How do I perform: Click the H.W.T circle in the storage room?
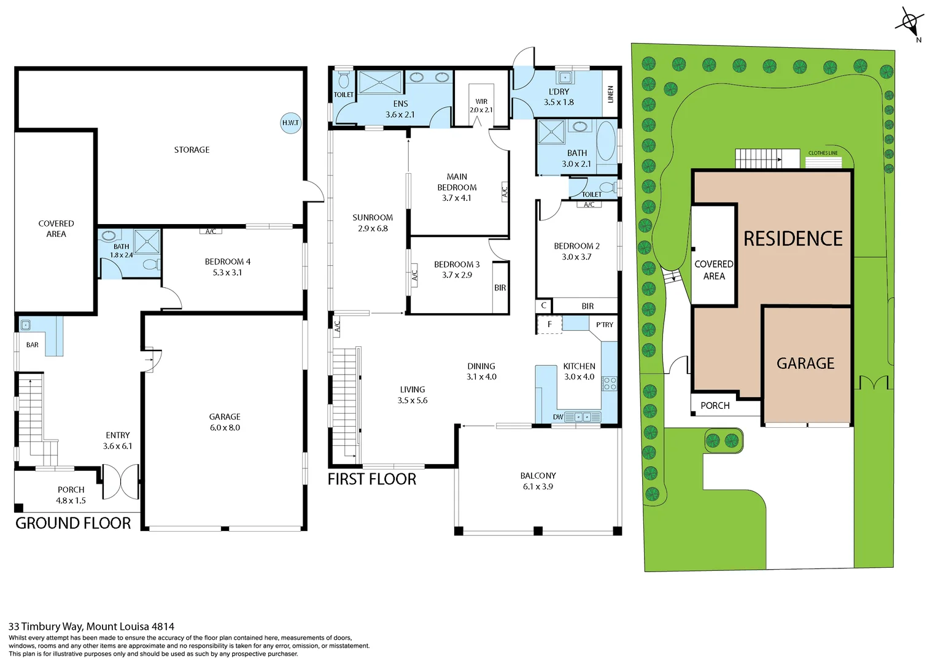click(290, 123)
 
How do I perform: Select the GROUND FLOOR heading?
click(73, 523)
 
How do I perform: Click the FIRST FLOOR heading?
click(371, 479)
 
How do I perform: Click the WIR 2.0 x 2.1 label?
click(481, 106)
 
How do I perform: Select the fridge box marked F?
click(549, 324)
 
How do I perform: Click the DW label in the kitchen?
click(557, 417)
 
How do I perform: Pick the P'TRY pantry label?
click(604, 325)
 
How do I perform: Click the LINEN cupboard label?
click(610, 94)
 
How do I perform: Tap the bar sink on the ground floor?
click(26, 325)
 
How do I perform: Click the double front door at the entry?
click(120, 481)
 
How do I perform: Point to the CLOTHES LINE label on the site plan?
click(823, 153)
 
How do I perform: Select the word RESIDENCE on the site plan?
click(793, 238)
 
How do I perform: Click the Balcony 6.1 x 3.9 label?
click(538, 481)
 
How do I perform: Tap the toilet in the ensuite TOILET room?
click(344, 80)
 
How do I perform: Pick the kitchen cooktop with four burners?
click(609, 384)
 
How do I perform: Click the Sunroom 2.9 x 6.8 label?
click(373, 223)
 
